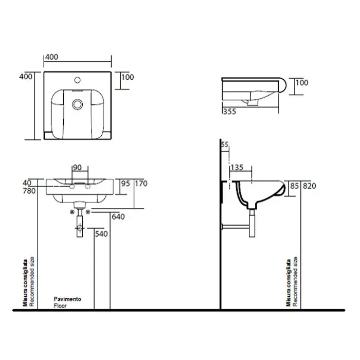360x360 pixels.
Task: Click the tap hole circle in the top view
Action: pyautogui.click(x=77, y=80)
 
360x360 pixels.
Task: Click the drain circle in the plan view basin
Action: pyautogui.click(x=77, y=104)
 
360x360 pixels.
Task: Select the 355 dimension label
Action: pyautogui.click(x=229, y=112)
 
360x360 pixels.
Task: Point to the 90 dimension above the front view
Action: pyautogui.click(x=77, y=167)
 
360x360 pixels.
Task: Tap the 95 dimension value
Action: pyautogui.click(x=125, y=184)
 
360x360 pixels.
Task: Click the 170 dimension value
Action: pyautogui.click(x=141, y=184)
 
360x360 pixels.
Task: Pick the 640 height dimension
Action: pyautogui.click(x=118, y=217)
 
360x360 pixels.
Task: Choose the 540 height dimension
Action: pyautogui.click(x=101, y=233)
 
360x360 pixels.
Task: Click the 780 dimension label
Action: pyautogui.click(x=29, y=191)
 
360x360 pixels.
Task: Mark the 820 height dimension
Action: pyautogui.click(x=309, y=186)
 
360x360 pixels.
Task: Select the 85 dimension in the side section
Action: pyautogui.click(x=294, y=186)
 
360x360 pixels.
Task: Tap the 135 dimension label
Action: pyautogui.click(x=237, y=167)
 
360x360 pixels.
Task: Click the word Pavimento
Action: pyautogui.click(x=67, y=299)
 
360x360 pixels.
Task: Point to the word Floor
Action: pyautogui.click(x=60, y=306)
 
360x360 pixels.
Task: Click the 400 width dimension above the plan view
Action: pyautogui.click(x=51, y=57)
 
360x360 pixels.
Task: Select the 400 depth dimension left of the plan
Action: pyautogui.click(x=26, y=77)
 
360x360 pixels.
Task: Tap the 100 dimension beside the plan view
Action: pyautogui.click(x=128, y=77)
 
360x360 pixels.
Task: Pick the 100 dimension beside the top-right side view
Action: pyautogui.click(x=302, y=83)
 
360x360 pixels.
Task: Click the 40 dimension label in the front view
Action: pyautogui.click(x=27, y=183)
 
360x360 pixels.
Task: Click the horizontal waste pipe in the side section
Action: pyautogui.click(x=236, y=227)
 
